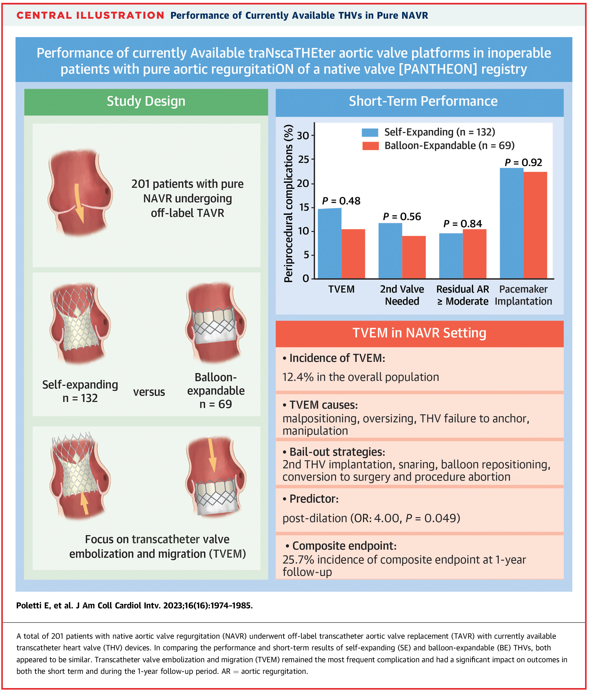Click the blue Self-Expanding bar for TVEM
(329, 243)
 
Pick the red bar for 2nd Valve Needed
(414, 257)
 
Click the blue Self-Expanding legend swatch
(370, 132)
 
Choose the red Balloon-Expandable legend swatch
(370, 146)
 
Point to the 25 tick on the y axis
(304, 159)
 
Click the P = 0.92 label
(523, 162)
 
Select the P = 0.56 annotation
(402, 217)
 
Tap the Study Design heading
(146, 101)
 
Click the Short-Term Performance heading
(423, 101)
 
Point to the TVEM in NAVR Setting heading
(419, 333)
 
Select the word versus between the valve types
(149, 392)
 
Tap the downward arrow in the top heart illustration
(79, 203)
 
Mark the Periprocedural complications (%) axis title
(289, 203)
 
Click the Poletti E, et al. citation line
(134, 606)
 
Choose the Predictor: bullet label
(313, 499)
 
